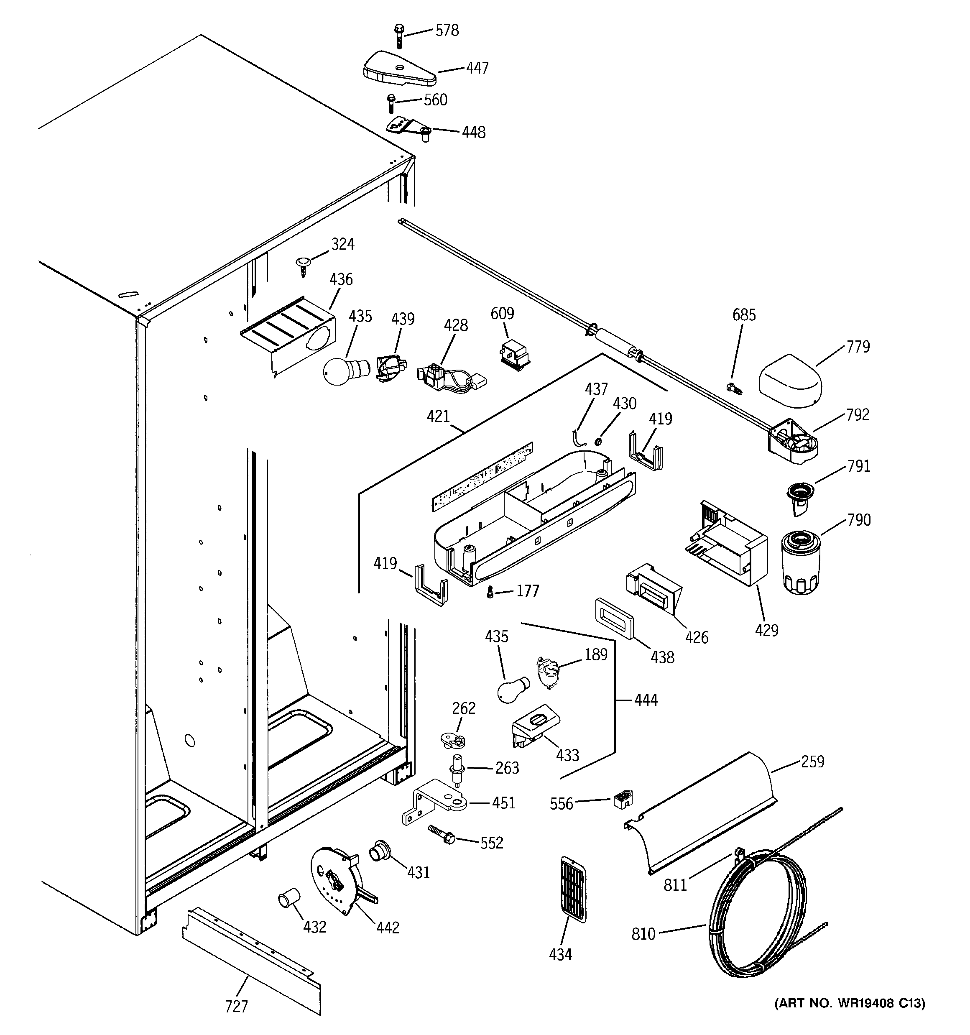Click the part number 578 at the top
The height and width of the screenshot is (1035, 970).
(447, 30)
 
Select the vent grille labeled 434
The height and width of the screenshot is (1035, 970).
(573, 889)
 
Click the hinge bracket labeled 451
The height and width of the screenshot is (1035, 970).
(435, 808)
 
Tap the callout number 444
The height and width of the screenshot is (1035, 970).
(646, 700)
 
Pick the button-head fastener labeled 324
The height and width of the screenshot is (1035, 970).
(302, 264)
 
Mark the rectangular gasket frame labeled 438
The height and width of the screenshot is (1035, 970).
(614, 618)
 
